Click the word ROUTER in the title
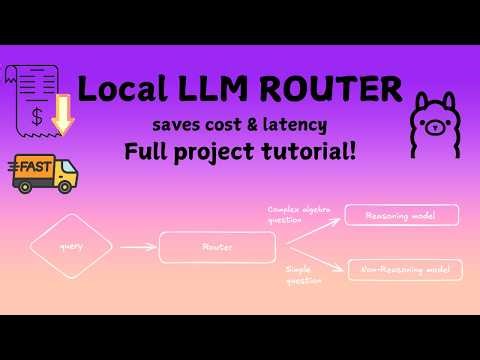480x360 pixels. click(331, 91)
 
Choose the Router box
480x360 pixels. click(217, 246)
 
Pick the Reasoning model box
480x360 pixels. click(401, 215)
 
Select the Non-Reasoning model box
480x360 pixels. click(404, 269)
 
